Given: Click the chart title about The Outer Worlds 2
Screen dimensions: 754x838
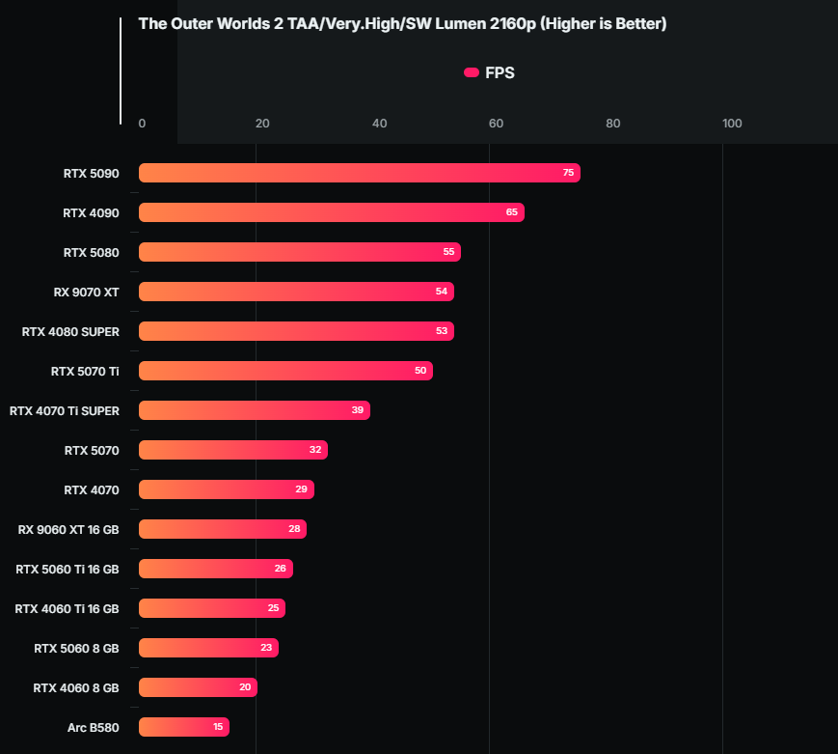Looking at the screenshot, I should click(402, 24).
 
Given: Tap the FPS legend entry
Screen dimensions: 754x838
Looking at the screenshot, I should click(490, 72).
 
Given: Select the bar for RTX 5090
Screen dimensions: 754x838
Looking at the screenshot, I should click(359, 173).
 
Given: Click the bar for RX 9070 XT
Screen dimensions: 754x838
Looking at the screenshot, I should click(296, 292).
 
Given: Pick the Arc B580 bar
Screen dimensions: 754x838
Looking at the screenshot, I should click(183, 727).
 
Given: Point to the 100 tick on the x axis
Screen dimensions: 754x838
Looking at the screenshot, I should click(732, 124).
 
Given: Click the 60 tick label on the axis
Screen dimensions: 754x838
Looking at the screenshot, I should click(496, 124).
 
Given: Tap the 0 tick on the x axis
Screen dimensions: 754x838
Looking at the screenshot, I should click(143, 124).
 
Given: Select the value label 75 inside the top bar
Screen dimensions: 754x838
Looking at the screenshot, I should click(568, 173).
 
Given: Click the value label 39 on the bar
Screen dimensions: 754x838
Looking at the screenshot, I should click(358, 410).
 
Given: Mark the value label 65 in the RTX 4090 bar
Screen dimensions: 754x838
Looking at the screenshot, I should click(512, 212).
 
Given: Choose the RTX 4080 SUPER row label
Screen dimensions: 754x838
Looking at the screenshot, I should click(70, 331).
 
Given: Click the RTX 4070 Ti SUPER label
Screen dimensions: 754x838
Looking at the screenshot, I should click(65, 410).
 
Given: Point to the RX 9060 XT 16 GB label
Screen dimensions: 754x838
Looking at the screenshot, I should click(68, 529).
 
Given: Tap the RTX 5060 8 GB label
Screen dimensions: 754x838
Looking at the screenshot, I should click(76, 648).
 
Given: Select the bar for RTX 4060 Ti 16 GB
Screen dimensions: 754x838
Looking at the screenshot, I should click(211, 608).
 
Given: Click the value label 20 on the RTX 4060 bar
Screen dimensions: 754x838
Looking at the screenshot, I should click(245, 687).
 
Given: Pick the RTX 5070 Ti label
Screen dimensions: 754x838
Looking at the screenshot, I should click(85, 371).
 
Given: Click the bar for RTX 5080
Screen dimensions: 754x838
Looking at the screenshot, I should click(299, 252).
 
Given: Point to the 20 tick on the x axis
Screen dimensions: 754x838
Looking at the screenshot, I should click(262, 124).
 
